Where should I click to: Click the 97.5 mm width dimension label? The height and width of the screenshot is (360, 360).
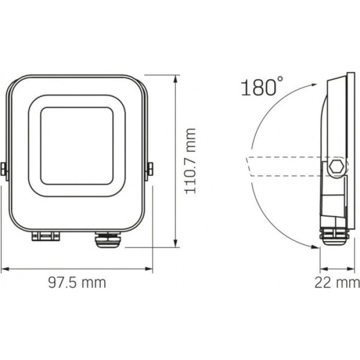point(77,282)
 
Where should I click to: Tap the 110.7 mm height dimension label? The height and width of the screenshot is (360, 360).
point(191,160)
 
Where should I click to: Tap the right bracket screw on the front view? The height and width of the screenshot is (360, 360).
point(151,168)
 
